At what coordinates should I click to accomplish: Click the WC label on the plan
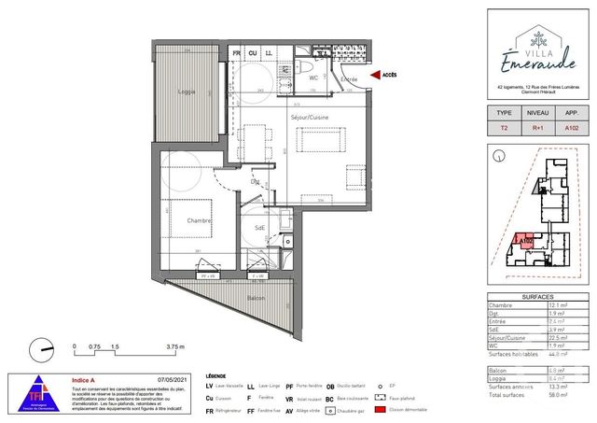click(x=314, y=78)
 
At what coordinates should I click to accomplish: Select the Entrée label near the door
click(x=349, y=80)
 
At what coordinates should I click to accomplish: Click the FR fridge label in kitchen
click(x=237, y=53)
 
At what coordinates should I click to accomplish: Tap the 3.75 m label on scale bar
click(x=193, y=345)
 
